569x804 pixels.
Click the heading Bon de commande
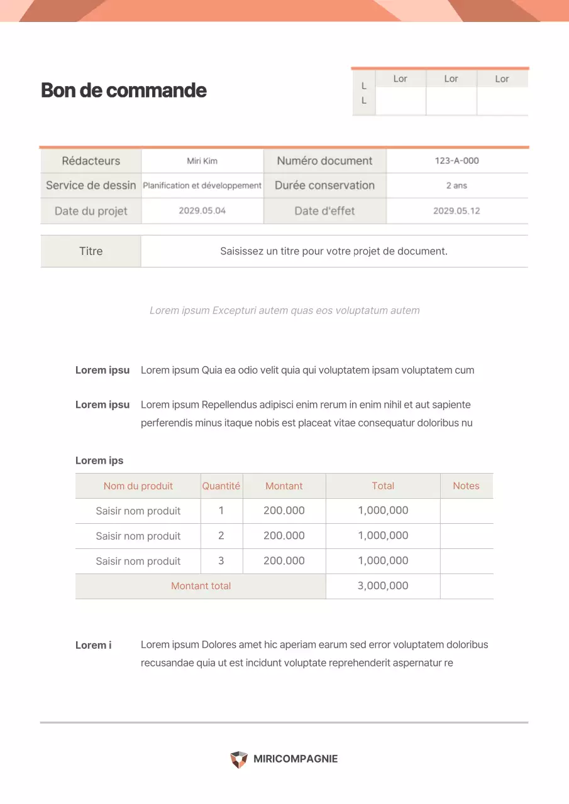coord(124,90)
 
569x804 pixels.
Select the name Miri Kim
coord(202,161)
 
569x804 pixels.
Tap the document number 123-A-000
coord(456,161)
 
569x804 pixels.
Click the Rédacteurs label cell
coord(91,161)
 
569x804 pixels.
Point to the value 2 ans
coord(456,186)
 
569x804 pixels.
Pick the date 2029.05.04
coord(202,211)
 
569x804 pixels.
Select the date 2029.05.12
coord(456,211)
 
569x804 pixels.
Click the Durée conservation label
coord(324,186)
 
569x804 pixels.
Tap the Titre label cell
coord(91,251)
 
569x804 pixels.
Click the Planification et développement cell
coord(202,186)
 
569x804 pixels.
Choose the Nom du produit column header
coord(138,486)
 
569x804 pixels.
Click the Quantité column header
coord(221,486)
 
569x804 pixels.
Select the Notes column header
coord(466,486)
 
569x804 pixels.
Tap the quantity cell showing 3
coord(221,561)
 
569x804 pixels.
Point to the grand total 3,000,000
coord(383,586)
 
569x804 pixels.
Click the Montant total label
coord(201,586)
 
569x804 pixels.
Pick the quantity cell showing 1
coord(221,511)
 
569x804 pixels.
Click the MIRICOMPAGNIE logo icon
coord(239,759)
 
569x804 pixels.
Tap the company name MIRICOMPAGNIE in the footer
coord(296,759)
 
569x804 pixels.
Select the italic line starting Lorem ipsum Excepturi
coord(284,310)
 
